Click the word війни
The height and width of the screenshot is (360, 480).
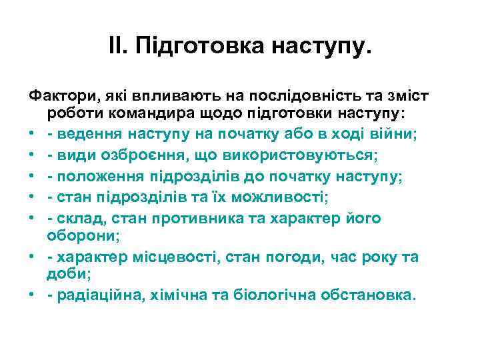tap(395, 133)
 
